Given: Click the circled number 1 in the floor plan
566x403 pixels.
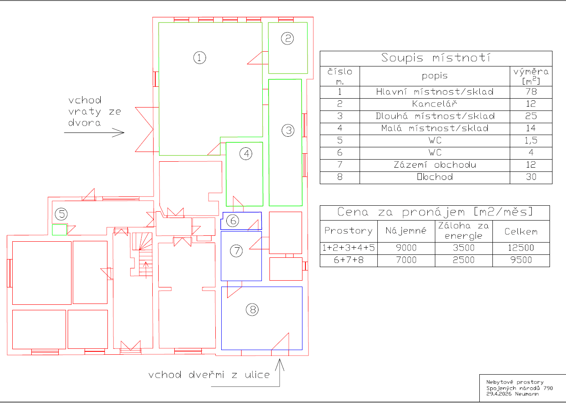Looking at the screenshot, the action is point(200,58).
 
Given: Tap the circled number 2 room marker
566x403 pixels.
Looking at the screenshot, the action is point(288,39).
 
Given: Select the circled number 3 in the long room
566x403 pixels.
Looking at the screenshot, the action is point(288,130).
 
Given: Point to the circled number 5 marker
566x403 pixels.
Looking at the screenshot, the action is point(61,214).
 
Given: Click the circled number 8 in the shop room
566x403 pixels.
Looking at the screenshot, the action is point(252,310).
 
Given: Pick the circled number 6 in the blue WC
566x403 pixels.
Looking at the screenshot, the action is point(233,221).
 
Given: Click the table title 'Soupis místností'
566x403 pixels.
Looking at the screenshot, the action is point(436,58).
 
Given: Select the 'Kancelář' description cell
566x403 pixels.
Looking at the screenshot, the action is point(434,104).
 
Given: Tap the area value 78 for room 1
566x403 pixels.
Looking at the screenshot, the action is point(531,91).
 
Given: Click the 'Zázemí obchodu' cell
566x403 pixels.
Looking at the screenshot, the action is point(435,165).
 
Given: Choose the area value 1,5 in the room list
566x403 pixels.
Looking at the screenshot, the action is point(531,140).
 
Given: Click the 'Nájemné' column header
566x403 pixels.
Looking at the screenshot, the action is point(406,231).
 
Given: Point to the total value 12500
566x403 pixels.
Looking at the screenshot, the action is point(521,248).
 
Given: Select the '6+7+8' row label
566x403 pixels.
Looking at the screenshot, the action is point(349,260).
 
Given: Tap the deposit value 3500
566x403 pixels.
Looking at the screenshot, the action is point(464,248).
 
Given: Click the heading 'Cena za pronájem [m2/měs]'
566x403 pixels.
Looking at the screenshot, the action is point(435,212).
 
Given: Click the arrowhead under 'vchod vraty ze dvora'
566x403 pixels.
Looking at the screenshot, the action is point(121,132).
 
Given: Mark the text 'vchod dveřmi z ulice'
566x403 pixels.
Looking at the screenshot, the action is point(209,375).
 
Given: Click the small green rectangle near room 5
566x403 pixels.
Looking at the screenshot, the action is point(59,230).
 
